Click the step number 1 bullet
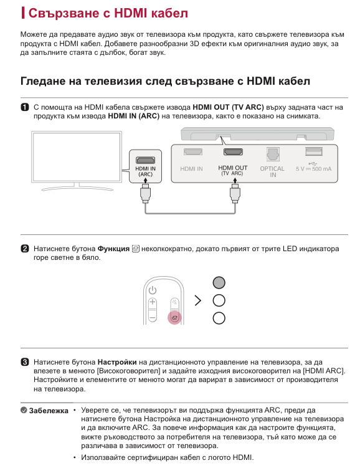coord(25,107)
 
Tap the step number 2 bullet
coord(25,249)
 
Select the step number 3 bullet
coord(25,361)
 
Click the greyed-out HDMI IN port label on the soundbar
coord(191,169)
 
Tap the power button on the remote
coord(153,290)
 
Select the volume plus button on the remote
coord(153,304)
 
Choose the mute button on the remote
coord(175,304)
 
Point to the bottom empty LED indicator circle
coord(219,318)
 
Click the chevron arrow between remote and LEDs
coord(198,301)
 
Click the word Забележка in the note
coord(47,411)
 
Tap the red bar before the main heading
coord(23,12)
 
